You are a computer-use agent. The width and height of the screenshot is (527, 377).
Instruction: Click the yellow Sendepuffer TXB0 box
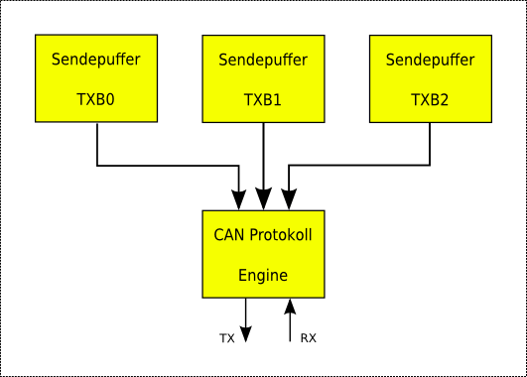point(97,79)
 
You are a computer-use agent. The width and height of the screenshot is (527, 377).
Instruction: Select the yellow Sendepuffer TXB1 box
point(263,79)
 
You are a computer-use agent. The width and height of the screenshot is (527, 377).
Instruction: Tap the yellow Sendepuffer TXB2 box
point(430,79)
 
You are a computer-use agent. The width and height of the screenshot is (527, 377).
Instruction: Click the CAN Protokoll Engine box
point(263,254)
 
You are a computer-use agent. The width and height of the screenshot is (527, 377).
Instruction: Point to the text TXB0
point(96,99)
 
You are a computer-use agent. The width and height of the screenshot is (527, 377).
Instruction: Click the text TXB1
point(263,99)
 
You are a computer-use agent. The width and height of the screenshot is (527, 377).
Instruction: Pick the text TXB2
point(430,99)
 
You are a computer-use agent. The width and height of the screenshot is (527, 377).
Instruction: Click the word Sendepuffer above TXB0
point(96,60)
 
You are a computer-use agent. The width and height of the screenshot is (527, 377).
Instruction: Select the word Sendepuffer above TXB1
point(263,60)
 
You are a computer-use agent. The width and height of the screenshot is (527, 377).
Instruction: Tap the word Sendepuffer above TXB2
point(430,60)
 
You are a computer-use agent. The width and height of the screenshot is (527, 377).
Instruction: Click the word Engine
point(263,275)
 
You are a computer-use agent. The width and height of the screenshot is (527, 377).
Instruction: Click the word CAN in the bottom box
point(228,235)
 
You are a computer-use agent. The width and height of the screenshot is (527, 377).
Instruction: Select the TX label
point(227,338)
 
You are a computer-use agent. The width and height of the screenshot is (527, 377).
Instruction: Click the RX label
point(308,338)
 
